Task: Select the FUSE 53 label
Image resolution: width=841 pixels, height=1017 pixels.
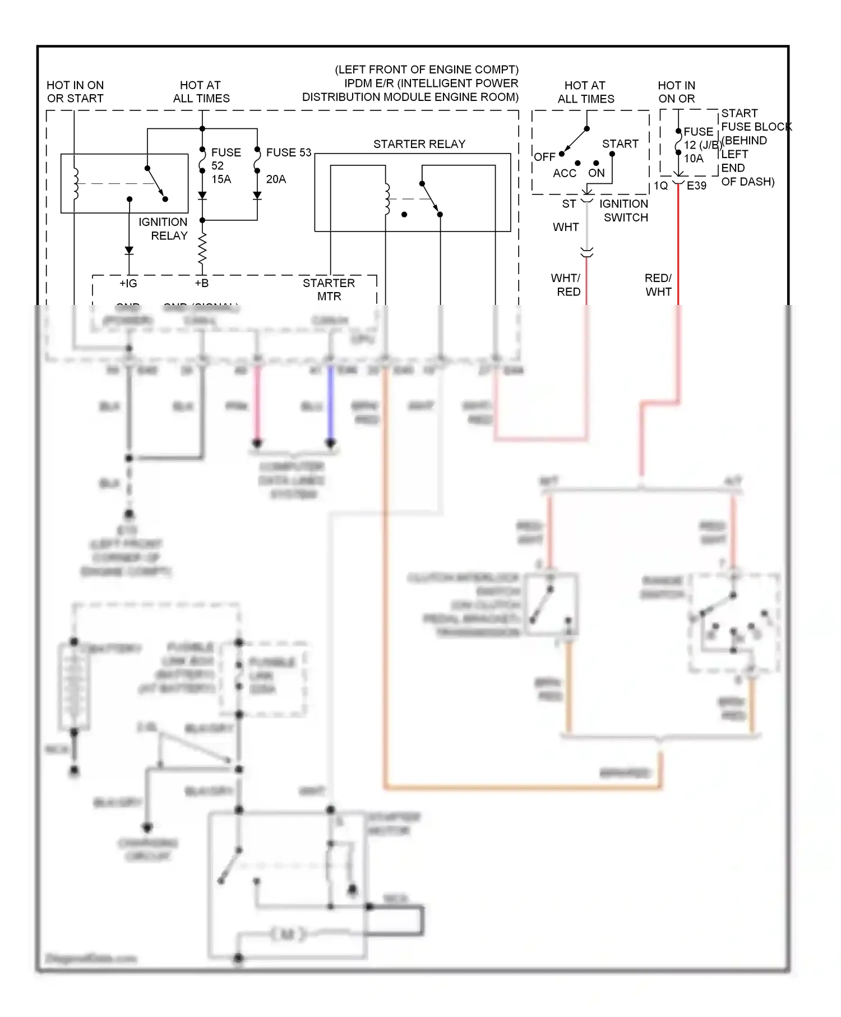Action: (x=288, y=152)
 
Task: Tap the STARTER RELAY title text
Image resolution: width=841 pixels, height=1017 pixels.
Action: (x=419, y=144)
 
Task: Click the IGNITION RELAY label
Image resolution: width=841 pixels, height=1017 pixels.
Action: (x=163, y=229)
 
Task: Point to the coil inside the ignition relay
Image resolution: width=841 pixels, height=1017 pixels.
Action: (x=76, y=183)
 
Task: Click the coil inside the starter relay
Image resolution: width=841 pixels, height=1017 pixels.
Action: (x=386, y=199)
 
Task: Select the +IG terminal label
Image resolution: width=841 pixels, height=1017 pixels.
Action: (x=128, y=283)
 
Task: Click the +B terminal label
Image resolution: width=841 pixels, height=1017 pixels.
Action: (x=201, y=283)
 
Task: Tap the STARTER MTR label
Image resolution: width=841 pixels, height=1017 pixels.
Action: (x=329, y=289)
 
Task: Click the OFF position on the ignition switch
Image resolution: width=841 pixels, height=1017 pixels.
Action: (x=544, y=157)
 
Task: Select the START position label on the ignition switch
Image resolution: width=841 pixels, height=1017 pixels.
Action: (x=620, y=144)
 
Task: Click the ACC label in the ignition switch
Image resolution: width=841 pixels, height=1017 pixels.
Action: (x=564, y=173)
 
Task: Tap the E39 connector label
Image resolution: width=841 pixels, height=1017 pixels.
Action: (x=696, y=186)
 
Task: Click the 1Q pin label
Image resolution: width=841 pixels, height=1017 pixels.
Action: (x=661, y=186)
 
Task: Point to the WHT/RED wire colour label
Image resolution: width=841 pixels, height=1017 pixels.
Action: (x=566, y=285)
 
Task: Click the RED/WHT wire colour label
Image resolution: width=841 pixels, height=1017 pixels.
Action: (x=658, y=285)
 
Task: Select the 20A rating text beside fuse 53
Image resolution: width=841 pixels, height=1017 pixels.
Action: (x=276, y=179)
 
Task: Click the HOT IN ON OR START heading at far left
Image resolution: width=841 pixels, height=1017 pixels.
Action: (x=75, y=91)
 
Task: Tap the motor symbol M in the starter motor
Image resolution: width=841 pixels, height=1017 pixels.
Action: (x=288, y=934)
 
